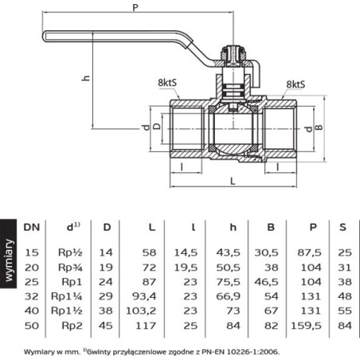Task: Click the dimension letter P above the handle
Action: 135,8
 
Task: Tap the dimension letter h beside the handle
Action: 86,78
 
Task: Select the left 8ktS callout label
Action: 167,83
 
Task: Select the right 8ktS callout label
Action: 295,84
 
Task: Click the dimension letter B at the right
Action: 319,127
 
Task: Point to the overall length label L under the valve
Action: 233,181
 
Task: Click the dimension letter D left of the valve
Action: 158,126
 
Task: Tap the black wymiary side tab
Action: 8,254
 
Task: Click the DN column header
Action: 32,227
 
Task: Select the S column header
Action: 343,227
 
